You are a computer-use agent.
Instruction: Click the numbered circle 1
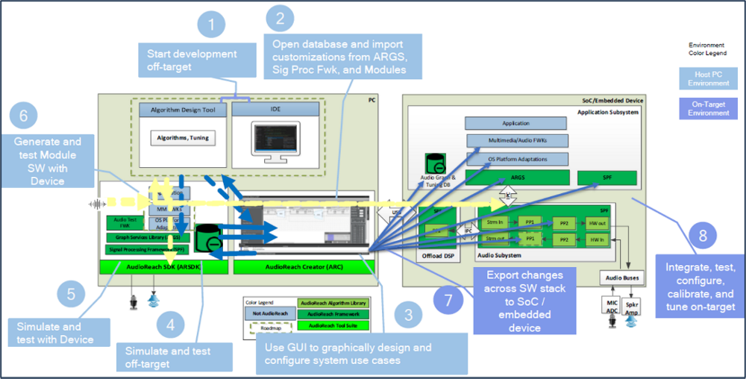click(x=212, y=25)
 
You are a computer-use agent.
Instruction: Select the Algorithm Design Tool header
click(x=183, y=110)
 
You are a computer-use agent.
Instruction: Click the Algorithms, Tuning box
click(x=183, y=138)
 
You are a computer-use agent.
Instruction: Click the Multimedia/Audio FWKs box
click(x=517, y=140)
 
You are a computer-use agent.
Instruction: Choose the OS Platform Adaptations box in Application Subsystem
click(x=517, y=158)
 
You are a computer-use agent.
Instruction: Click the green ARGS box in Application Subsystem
click(x=517, y=178)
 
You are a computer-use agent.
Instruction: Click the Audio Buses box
click(x=621, y=277)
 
